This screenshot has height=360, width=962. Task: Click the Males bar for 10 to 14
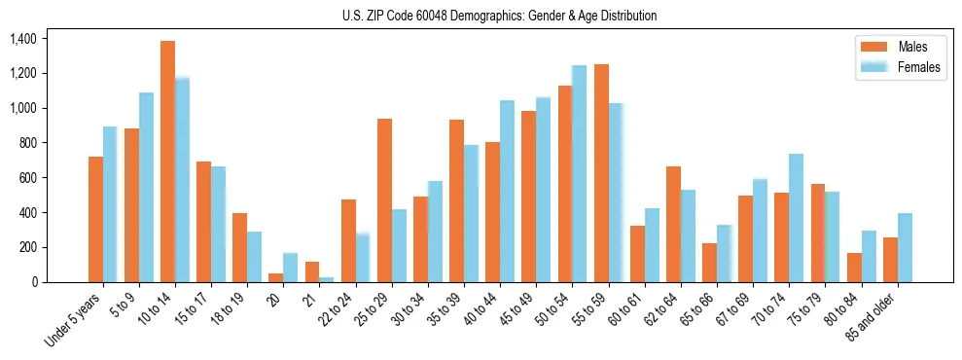click(x=168, y=162)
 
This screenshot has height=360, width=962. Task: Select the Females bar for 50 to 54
click(x=580, y=174)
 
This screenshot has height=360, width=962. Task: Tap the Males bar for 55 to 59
click(x=601, y=173)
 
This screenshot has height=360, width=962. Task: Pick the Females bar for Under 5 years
click(x=110, y=204)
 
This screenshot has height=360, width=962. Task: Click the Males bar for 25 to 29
click(x=385, y=200)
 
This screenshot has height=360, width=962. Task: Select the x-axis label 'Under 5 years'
click(x=76, y=317)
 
